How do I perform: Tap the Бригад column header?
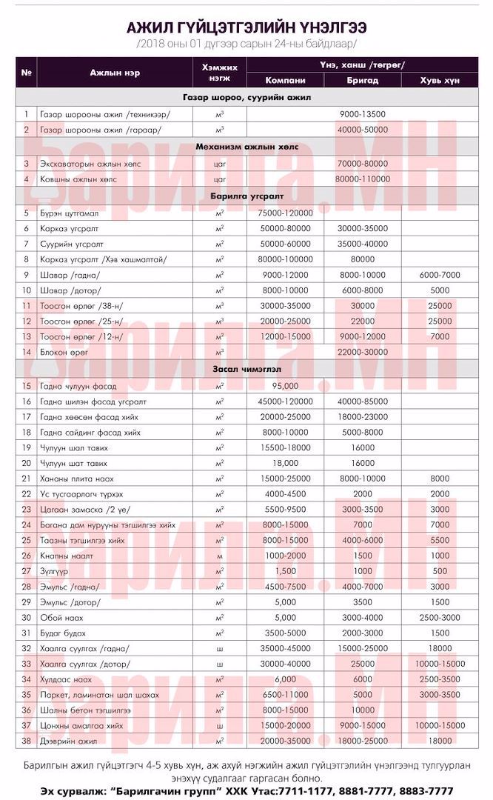point(363,80)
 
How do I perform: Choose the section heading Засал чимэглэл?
point(246,369)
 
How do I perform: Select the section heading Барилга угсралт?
point(246,196)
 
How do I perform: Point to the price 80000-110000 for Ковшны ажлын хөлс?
point(363,179)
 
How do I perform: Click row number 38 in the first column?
point(26,741)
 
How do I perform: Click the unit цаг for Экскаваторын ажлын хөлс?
point(219,163)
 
